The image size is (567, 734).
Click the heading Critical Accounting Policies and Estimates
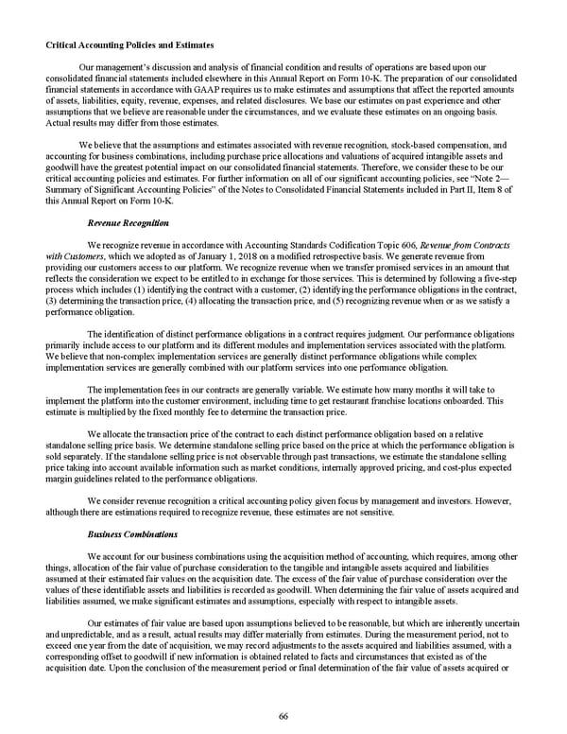(129, 45)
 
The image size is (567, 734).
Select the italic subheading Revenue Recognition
(128, 223)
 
